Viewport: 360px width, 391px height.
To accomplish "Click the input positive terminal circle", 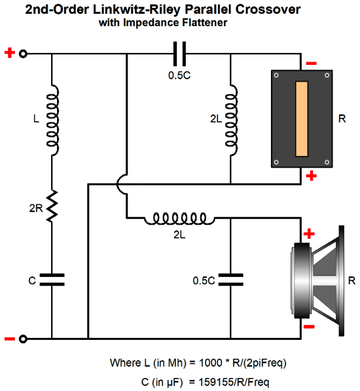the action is (x=23, y=54).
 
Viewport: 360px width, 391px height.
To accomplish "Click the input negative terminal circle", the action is (x=23, y=339).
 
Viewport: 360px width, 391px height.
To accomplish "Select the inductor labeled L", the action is (x=53, y=121).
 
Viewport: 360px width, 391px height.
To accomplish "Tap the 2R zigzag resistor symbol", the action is (x=52, y=206).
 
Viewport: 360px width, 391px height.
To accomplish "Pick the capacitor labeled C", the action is (x=52, y=279).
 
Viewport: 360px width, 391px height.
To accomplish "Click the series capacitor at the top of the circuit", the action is (x=179, y=54).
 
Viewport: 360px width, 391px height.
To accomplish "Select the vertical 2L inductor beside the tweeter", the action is (x=231, y=121).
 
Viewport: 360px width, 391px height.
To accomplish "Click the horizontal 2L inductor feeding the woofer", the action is (x=179, y=219).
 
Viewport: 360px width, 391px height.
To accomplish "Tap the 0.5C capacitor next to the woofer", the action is (x=230, y=279).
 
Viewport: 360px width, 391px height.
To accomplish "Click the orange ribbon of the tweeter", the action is (x=302, y=119).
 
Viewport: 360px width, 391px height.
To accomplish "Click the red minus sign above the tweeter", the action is (x=311, y=64).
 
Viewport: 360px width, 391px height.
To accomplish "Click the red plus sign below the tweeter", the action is (x=311, y=176).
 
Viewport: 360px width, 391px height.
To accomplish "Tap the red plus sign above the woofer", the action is (x=309, y=234).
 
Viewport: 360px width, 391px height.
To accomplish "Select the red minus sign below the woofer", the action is (x=309, y=326).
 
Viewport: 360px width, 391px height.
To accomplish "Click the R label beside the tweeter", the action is (x=342, y=119).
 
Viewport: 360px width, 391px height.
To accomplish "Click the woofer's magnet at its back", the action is (x=302, y=280).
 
